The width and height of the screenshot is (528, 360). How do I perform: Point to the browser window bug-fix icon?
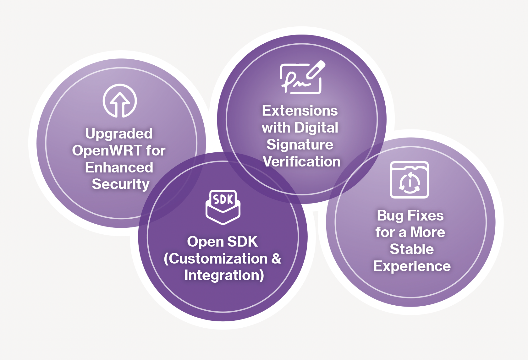click(x=410, y=180)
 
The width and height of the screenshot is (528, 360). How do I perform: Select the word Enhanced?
click(x=119, y=167)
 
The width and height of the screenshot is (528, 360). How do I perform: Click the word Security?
click(x=120, y=184)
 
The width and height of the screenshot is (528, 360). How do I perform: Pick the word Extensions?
click(x=300, y=111)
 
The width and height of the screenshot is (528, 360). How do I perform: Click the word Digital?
click(x=316, y=128)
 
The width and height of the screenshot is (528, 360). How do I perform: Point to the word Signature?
click(x=300, y=145)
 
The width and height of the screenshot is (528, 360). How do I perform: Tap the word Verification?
click(x=302, y=161)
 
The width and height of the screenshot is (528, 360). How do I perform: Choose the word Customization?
click(x=218, y=259)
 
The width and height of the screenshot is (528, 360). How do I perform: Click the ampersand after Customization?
click(x=276, y=259)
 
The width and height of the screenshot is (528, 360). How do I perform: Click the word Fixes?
click(x=426, y=215)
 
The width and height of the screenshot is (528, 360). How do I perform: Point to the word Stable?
click(x=412, y=249)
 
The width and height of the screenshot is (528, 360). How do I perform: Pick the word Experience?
click(x=412, y=266)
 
